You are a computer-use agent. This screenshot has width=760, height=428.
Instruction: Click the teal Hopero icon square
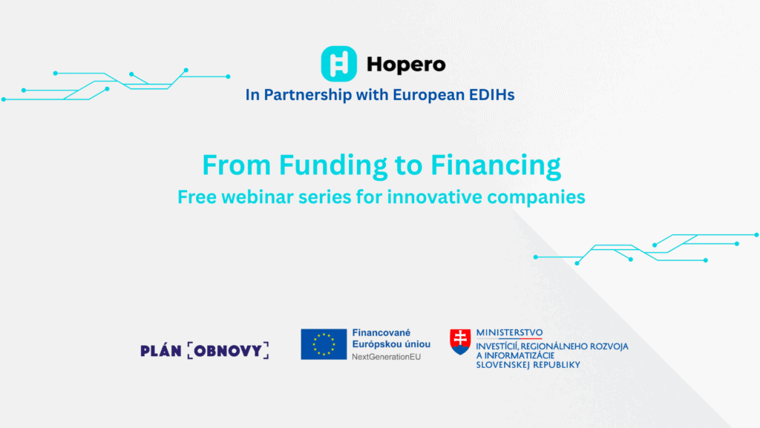point(338,64)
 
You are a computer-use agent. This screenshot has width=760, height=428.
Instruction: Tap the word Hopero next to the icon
point(406,65)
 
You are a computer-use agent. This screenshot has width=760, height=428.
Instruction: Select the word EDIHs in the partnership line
point(492,94)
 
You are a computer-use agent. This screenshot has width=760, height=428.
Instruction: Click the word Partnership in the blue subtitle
point(308,95)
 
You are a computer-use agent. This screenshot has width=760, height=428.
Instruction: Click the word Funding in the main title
point(333,165)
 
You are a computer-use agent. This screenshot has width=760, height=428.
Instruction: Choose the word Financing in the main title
point(495,165)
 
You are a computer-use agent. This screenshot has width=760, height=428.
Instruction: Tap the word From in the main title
point(237,165)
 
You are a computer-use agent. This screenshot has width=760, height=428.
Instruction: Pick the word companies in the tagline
point(536,197)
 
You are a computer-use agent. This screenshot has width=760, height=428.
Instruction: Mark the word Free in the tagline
point(197,197)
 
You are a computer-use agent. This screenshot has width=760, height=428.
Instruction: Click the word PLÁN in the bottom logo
point(161,350)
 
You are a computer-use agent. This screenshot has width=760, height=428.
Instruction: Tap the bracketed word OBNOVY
point(228,351)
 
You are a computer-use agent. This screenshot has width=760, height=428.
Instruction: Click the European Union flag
point(324,344)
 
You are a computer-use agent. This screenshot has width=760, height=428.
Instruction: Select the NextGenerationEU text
point(386,357)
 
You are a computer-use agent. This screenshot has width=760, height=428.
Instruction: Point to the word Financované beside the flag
point(381,332)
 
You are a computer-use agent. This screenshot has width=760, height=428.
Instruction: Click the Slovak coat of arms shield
point(460,341)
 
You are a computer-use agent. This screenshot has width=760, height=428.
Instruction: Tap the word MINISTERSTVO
point(509,332)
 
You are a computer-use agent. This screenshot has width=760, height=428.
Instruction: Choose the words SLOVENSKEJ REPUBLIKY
point(528,364)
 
